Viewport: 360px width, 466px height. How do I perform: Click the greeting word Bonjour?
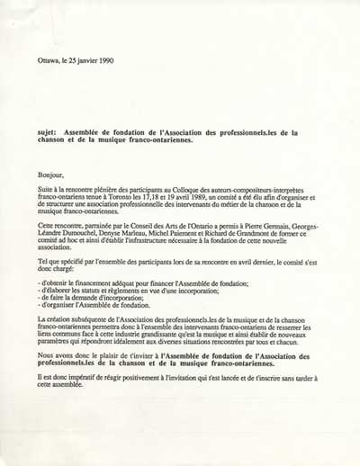52,176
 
